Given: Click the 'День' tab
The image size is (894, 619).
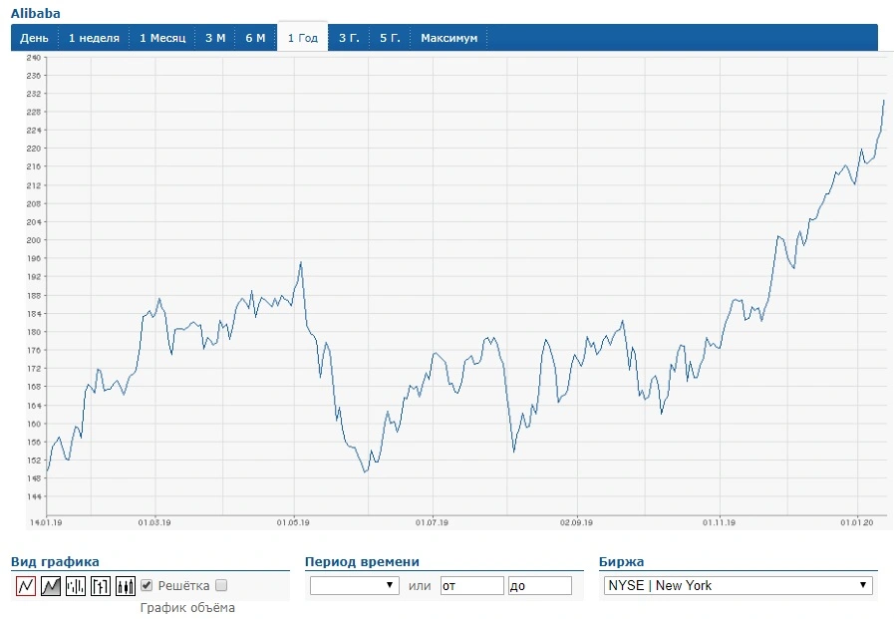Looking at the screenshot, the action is pos(34,38).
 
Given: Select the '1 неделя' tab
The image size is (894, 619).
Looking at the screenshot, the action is pos(94,38).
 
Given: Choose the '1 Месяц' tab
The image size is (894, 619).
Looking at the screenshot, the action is pos(162,38).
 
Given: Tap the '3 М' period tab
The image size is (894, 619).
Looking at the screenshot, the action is pos(215,38).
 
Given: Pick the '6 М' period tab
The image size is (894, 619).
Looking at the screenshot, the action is pos(255,38).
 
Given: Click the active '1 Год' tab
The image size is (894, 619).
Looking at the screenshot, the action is pos(303,38).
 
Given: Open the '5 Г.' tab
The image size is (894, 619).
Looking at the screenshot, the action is pos(390,38).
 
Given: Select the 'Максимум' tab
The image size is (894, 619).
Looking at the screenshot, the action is pos(449,38).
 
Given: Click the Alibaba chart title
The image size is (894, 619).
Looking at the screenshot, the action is pos(35,13).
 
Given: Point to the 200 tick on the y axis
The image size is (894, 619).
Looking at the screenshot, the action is pos(34,240).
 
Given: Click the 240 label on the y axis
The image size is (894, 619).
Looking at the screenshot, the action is pos(34,57).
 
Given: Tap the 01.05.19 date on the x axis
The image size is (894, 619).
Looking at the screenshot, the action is pos(293,522).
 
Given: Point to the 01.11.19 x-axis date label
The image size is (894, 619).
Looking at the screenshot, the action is pos(719,522).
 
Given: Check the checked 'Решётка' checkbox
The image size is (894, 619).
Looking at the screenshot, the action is pos(147,585).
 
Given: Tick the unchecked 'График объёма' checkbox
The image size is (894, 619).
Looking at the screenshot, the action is pos(221,585).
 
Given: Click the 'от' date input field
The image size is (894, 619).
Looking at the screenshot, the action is pos(472,585).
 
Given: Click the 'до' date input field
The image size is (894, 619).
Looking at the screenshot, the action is pos(540,585).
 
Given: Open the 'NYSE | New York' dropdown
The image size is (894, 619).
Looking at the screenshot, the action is pos(738,585).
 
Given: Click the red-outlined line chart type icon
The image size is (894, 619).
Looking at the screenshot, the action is pos(26,585).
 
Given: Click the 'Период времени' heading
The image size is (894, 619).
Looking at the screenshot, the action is pos(362,561).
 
